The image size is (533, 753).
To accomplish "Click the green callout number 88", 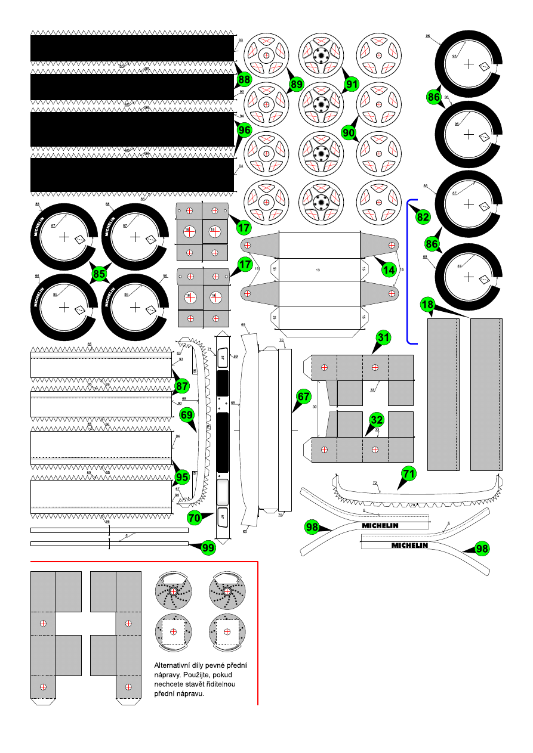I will point(244,79).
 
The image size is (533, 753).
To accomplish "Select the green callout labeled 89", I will point(297,85).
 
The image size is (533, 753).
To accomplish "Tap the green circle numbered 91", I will point(352,85).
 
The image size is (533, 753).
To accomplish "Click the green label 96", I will point(244,129).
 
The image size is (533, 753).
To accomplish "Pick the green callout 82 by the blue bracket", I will point(423,217).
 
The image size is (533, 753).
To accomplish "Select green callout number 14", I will point(389,270).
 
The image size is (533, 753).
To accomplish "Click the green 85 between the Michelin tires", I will point(100,274).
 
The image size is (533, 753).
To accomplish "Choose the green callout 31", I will point(383,337).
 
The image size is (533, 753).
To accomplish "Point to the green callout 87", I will point(182,386).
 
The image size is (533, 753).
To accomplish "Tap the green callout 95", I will point(182,476).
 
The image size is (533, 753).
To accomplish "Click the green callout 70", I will point(195,518).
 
